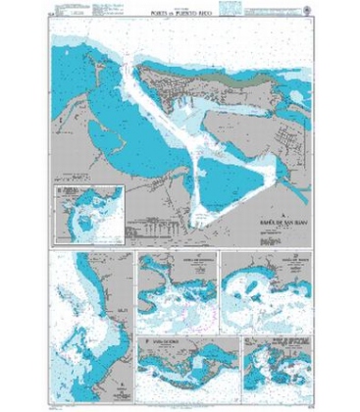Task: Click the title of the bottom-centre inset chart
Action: pos(167,339)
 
